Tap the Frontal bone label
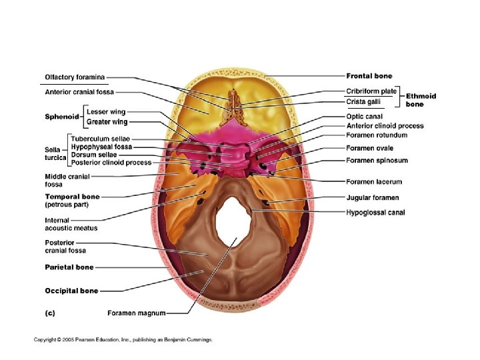tap(369, 76)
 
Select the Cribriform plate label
tap(371, 91)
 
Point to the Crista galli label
tap(364, 101)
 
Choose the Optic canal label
tap(364, 116)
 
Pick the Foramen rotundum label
tap(377, 135)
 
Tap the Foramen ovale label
tap(369, 148)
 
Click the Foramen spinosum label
tap(377, 161)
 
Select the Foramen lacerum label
tap(374, 181)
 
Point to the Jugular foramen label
tap(373, 198)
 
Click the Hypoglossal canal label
tap(375, 213)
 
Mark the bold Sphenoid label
tap(62, 117)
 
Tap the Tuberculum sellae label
tap(101, 139)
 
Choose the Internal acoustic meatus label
tap(71, 224)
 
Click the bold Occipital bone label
tap(71, 291)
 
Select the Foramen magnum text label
tap(136, 312)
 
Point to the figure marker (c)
tap(50, 312)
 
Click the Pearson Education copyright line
tap(123, 339)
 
